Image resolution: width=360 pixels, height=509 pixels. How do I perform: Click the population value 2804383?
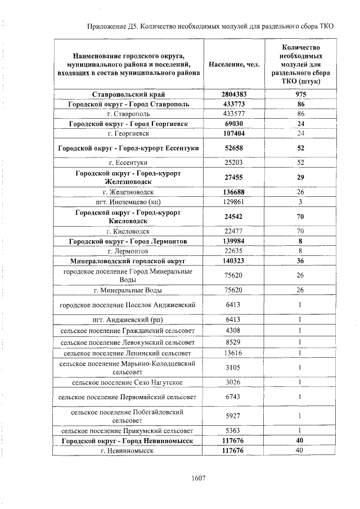point(233,94)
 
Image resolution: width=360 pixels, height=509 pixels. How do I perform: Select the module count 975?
point(300,94)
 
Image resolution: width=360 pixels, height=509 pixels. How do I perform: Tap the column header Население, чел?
point(233,65)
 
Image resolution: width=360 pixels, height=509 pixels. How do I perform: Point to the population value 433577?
point(233,114)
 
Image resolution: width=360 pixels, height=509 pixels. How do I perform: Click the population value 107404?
point(233,133)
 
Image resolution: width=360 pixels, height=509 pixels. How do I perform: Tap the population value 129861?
point(233,201)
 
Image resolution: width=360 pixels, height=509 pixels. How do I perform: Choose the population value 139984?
point(233,241)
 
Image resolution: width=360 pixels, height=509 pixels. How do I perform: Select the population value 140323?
point(233,261)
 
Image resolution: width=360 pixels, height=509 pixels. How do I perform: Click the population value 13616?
point(233,353)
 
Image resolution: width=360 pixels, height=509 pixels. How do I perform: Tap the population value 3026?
point(233,382)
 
